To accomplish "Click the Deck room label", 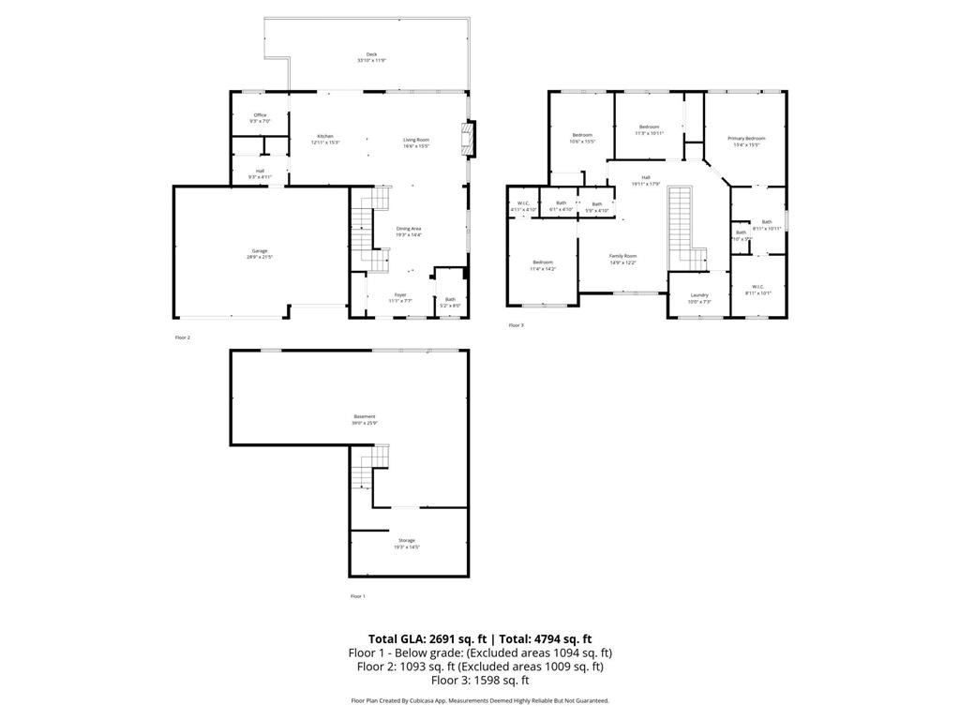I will click(x=371, y=55).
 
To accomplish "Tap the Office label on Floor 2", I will click(x=260, y=115).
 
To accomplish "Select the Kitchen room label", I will click(x=324, y=137).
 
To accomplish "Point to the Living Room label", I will click(x=416, y=140).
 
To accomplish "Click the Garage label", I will click(x=260, y=251).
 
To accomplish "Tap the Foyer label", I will click(x=400, y=294).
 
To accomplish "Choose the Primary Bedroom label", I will click(x=746, y=139).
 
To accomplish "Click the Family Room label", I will click(x=622, y=256).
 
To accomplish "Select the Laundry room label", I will click(x=699, y=294).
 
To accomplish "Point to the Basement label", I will click(x=365, y=416).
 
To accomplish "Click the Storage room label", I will click(x=407, y=540).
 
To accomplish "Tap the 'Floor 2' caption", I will click(x=183, y=337).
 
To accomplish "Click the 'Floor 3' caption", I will click(x=517, y=325).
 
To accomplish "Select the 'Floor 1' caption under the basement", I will click(x=358, y=596).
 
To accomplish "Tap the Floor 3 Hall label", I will click(x=645, y=177).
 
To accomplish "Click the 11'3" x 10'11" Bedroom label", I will click(x=650, y=127).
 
